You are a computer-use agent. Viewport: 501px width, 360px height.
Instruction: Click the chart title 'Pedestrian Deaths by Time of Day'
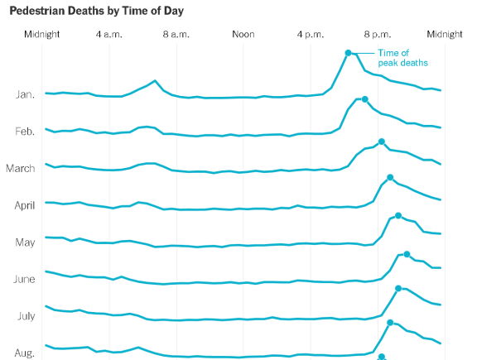(x=97, y=11)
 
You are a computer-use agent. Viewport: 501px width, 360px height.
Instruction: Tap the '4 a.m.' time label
(x=109, y=35)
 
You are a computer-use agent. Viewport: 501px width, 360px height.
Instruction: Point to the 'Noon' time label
(x=243, y=35)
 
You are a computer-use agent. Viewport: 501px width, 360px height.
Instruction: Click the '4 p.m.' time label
(x=311, y=35)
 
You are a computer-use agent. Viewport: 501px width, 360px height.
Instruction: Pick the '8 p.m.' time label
(x=378, y=35)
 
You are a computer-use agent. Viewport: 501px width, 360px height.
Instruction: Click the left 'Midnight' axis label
(x=42, y=35)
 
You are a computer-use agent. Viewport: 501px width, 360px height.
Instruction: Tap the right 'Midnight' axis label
(x=445, y=35)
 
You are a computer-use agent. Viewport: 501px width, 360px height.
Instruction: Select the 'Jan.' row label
(x=25, y=94)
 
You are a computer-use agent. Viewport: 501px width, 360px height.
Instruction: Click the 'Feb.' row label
(x=25, y=132)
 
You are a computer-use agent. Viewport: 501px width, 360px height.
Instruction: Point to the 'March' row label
(x=20, y=169)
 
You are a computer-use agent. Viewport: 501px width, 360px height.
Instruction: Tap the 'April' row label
(x=24, y=205)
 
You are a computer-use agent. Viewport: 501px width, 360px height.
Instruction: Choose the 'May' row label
(x=25, y=242)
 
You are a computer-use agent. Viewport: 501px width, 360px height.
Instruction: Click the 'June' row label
(x=24, y=280)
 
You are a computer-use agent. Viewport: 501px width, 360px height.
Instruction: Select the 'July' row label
(x=25, y=316)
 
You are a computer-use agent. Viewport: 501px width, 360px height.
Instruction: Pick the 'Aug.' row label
(x=25, y=353)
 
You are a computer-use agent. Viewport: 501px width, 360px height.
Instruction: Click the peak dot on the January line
(x=349, y=53)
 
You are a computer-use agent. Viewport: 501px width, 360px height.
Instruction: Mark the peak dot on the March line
(x=381, y=142)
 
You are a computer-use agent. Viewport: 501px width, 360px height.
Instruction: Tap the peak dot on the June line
(x=407, y=254)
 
